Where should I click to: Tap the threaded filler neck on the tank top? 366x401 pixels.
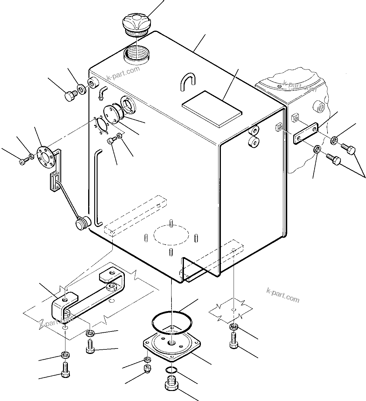tap(137, 53)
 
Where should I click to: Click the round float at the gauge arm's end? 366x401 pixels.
tap(82, 223)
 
